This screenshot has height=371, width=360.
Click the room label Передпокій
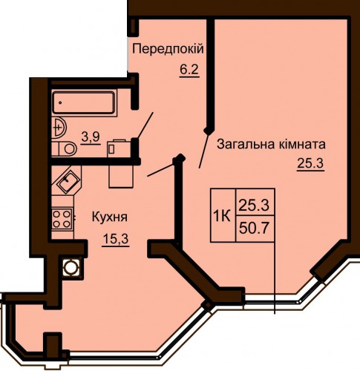[x=168, y=49]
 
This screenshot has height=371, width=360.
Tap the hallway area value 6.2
[x=189, y=70]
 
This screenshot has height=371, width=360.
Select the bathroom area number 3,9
[x=91, y=137]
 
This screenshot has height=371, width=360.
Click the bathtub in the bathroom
[x=84, y=102]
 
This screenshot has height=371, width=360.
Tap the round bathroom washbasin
[x=59, y=128]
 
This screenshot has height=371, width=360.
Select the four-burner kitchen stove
[x=62, y=220]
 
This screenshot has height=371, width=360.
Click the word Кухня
[x=110, y=217]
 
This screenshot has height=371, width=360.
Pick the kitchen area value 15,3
[x=116, y=239]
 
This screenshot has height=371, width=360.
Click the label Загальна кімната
[x=271, y=144]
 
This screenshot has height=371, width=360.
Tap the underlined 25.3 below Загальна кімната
[x=310, y=163]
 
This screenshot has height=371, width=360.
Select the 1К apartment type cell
[x=223, y=215]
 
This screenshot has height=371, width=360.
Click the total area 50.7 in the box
[x=254, y=229]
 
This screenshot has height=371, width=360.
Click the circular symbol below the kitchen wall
[x=71, y=267]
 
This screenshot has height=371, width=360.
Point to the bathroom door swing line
[x=145, y=125]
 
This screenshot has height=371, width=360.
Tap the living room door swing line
[x=203, y=151]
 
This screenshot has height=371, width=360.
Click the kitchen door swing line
[x=160, y=170]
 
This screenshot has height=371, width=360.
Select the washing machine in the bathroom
[x=119, y=148]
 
